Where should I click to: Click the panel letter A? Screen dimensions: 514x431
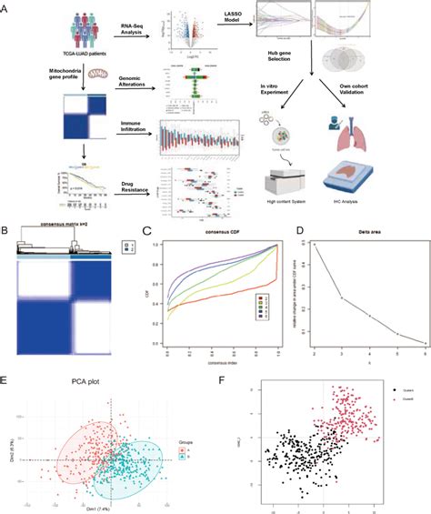(8, 7)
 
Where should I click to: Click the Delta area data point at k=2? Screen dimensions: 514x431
(316, 244)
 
